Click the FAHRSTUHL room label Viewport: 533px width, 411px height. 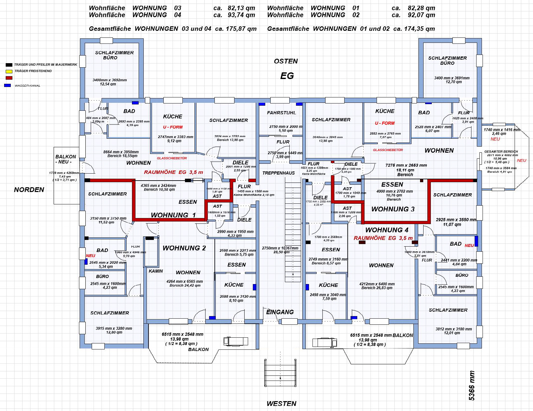tap(281, 113)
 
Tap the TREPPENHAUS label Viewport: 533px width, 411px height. tap(279, 173)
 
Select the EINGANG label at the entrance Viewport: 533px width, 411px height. tap(280, 312)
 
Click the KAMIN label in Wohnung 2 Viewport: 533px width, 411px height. tap(156, 271)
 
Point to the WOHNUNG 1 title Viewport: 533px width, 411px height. tap(173, 215)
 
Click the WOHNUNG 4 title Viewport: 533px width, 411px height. tap(387, 230)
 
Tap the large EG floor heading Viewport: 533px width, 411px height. tap(287, 76)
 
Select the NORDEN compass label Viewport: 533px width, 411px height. tap(29, 190)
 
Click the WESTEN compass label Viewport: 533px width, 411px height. tap(281, 404)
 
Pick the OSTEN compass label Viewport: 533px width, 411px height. tap(286, 61)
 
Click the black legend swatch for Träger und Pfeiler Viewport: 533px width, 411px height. tap(9, 65)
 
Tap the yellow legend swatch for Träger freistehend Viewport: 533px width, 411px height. tap(9, 71)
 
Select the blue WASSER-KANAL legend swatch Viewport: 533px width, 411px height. tap(8, 85)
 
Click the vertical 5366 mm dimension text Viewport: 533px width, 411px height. tap(472, 385)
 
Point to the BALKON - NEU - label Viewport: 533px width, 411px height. tap(66, 159)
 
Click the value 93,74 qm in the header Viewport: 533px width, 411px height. tap(241, 15)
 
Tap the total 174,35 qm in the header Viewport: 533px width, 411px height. tap(421, 29)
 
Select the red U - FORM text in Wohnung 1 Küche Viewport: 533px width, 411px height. tap(173, 127)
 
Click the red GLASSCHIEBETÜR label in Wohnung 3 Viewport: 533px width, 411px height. tap(388, 150)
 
